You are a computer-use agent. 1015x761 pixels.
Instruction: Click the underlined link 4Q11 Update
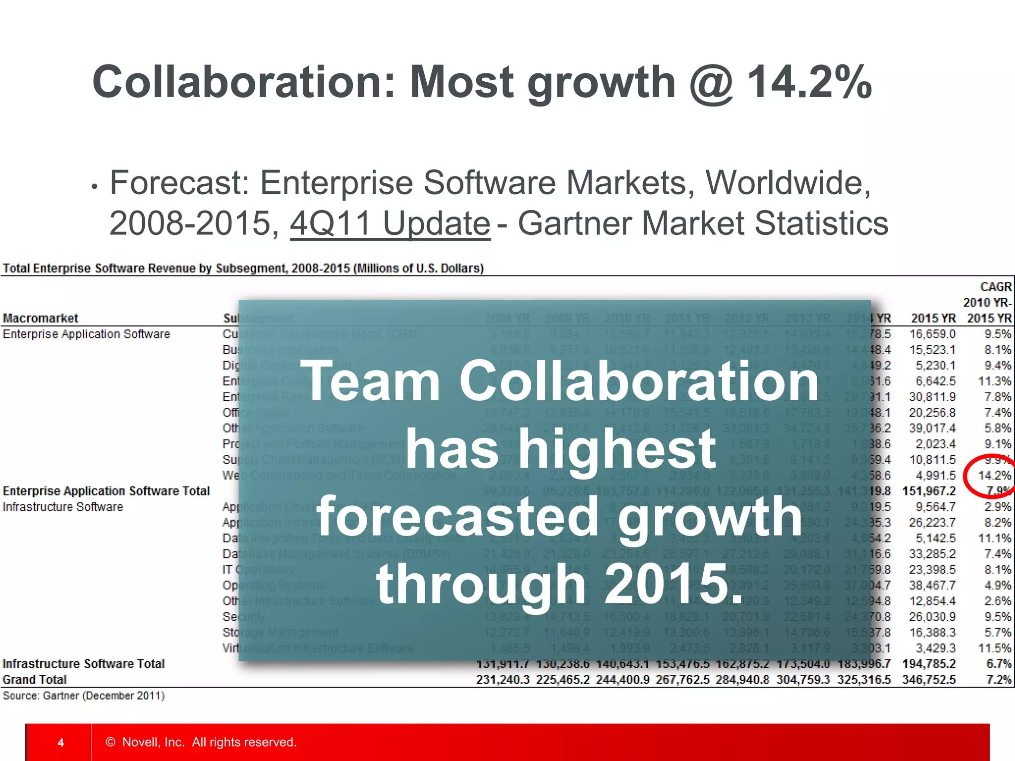(390, 223)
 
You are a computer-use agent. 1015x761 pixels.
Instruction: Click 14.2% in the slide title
(809, 82)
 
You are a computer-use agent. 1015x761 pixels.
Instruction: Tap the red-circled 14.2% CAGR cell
(994, 476)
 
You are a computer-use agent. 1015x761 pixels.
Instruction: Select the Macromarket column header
(41, 318)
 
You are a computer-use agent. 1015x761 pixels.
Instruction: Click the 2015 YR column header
(933, 318)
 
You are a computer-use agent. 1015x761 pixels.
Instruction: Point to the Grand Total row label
(35, 679)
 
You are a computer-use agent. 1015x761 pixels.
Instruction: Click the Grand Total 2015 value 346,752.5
(928, 679)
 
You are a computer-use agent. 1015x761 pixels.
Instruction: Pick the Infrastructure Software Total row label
(83, 663)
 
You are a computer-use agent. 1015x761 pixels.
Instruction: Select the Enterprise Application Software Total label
(106, 491)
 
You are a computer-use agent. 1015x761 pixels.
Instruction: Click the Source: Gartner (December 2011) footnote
(83, 696)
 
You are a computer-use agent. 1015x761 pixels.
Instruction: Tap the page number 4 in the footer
(60, 742)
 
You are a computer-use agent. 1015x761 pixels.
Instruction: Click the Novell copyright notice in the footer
(201, 742)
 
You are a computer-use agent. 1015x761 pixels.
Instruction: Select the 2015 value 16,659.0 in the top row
(932, 334)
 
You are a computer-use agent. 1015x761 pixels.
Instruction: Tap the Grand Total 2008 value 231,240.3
(503, 679)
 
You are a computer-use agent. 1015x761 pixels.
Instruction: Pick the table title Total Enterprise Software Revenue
(243, 268)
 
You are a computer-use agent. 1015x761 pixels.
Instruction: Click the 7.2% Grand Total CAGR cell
(998, 679)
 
